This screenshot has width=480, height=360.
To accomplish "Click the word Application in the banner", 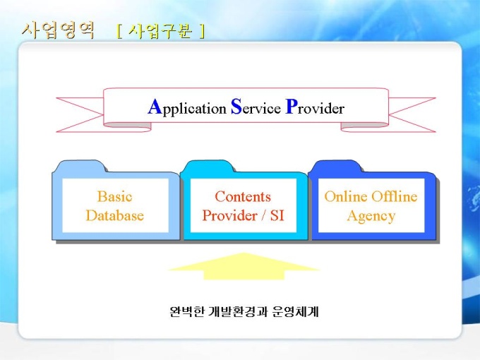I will click(x=186, y=108).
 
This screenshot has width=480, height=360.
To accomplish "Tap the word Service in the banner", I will click(x=255, y=108).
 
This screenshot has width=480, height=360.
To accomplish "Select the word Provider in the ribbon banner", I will click(x=315, y=108).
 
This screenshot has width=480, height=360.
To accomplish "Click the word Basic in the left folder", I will click(x=114, y=196).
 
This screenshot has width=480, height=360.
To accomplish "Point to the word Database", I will click(x=114, y=215).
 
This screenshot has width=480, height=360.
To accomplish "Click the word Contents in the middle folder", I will click(x=243, y=196).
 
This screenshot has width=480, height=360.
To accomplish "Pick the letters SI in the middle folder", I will click(x=276, y=215).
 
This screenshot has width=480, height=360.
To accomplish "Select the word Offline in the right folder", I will click(x=395, y=196).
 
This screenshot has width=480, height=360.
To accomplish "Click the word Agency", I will click(x=371, y=215).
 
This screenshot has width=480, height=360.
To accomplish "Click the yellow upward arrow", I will click(x=244, y=265).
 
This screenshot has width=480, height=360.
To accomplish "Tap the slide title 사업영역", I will click(x=58, y=30).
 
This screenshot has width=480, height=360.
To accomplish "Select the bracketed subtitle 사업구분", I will click(x=161, y=31).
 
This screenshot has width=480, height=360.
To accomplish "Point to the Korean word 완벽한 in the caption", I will click(x=185, y=311).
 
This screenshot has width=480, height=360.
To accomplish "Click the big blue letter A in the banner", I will click(x=155, y=107).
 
